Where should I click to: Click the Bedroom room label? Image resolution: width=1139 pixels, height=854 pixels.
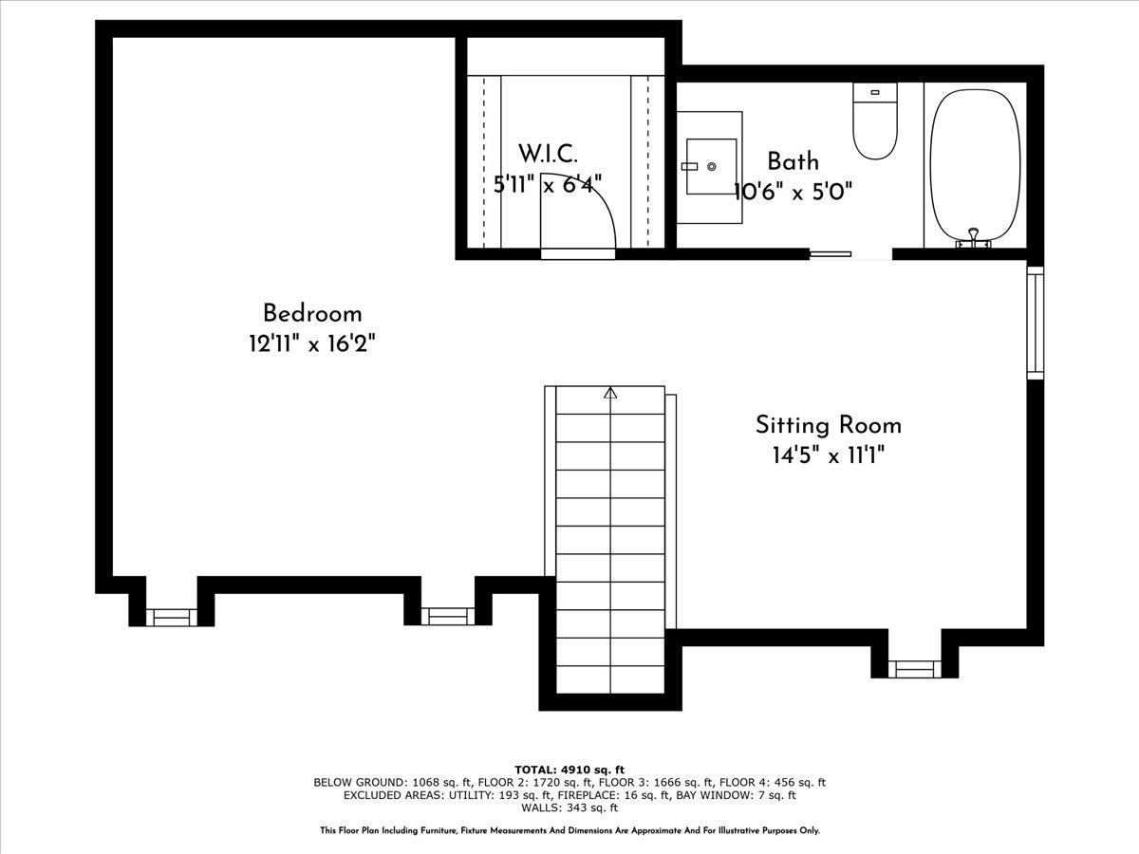[312, 313]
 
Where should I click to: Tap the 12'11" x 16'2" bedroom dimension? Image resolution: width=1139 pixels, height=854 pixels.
[312, 343]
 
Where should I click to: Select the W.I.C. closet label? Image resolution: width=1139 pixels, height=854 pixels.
[548, 154]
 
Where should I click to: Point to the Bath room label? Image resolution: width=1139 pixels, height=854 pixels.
[793, 161]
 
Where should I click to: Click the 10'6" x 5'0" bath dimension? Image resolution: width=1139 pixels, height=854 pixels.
[794, 191]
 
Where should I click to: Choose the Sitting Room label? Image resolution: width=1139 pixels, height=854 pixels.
[828, 425]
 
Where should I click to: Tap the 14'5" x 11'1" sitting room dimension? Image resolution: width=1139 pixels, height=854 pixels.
[828, 455]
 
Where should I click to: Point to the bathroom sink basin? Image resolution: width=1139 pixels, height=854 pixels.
[711, 166]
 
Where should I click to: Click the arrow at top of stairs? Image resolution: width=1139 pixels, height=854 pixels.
[610, 392]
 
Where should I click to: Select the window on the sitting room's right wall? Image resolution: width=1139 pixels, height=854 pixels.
[1035, 323]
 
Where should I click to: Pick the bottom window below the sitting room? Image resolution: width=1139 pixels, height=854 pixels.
[914, 669]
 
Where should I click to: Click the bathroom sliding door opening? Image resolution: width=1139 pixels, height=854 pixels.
[850, 254]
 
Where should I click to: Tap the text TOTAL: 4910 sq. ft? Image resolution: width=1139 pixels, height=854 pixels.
[569, 769]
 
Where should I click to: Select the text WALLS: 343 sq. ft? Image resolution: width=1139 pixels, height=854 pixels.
[569, 808]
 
